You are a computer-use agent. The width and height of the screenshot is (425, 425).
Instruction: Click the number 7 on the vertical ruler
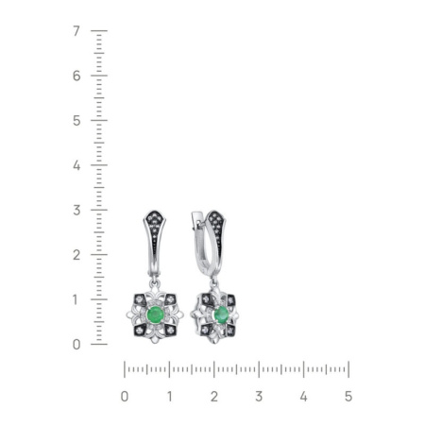pyautogui.click(x=76, y=31)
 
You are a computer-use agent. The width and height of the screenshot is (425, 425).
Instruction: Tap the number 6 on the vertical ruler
pyautogui.click(x=76, y=76)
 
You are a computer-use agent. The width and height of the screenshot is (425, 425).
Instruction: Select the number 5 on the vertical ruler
pyautogui.click(x=76, y=121)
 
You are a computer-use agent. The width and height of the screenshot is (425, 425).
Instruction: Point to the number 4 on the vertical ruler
pyautogui.click(x=76, y=165)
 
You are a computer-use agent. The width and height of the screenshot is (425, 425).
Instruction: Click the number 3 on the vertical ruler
pyautogui.click(x=76, y=210)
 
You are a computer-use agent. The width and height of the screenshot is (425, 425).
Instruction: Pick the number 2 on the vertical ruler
pyautogui.click(x=76, y=255)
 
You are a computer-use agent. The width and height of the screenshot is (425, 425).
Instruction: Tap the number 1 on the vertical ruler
pyautogui.click(x=75, y=299)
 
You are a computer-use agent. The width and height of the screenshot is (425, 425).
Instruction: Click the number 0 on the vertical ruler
pyautogui.click(x=76, y=345)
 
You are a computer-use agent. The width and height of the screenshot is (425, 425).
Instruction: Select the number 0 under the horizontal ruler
pyautogui.click(x=125, y=397)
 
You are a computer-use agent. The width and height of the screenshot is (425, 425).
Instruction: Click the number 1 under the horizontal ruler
pyautogui.click(x=169, y=397)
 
